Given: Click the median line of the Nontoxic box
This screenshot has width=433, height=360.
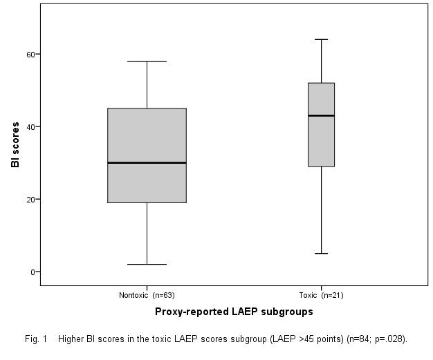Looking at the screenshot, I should tap(147, 162).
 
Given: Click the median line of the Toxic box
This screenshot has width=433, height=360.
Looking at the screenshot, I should tap(322, 115).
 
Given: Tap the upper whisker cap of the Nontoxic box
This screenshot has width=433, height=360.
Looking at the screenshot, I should tap(147, 61).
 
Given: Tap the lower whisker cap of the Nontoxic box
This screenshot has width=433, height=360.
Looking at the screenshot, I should tap(147, 264).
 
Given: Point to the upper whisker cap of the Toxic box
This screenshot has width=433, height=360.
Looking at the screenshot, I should tap(322, 39).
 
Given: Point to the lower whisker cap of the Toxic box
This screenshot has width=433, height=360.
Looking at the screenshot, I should tap(322, 254).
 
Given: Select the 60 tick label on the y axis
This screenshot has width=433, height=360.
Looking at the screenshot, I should tap(30, 54).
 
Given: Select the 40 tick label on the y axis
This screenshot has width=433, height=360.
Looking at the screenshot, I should tap(30, 126).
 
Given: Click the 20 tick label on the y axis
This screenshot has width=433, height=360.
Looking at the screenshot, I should tap(30, 199).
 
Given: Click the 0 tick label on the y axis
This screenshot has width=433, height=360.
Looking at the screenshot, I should tap(32, 272).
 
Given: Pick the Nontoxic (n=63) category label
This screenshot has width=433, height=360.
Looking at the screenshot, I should tap(147, 295).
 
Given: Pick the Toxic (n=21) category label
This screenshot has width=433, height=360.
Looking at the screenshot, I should tap(321, 295).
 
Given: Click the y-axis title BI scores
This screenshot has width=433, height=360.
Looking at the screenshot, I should tap(15, 144).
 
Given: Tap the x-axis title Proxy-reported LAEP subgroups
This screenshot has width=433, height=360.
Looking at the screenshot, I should tap(234, 312).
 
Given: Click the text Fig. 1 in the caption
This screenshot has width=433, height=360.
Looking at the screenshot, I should tap(36, 339).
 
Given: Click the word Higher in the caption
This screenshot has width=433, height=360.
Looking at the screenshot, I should tap(71, 339).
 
